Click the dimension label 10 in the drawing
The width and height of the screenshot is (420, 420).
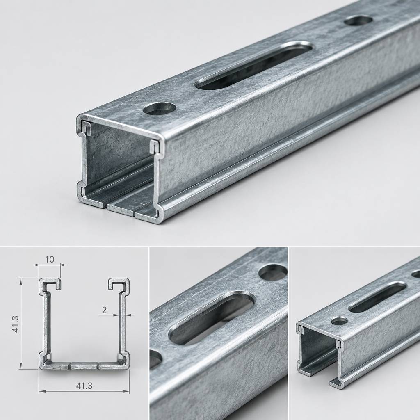(x=50, y=259)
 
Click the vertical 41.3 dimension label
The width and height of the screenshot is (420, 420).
(x=16, y=324)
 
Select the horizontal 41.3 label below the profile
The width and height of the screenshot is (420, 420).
(x=84, y=386)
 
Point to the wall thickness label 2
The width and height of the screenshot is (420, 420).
(x=104, y=310)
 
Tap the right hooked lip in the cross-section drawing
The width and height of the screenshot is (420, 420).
(x=119, y=284)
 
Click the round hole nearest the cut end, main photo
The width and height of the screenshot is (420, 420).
(x=160, y=108)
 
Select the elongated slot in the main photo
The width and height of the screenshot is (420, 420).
(x=253, y=66)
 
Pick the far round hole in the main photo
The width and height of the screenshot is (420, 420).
(x=358, y=21)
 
